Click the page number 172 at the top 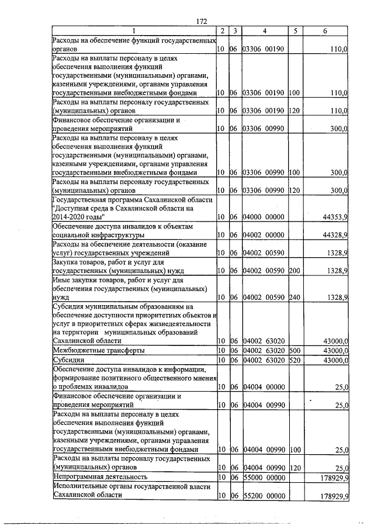tap(202, 21)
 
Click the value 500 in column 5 tap(294, 350)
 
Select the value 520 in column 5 tap(294, 360)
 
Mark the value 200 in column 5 tap(294, 271)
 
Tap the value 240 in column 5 tap(294, 298)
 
